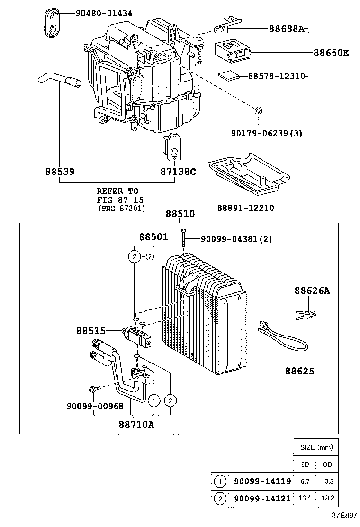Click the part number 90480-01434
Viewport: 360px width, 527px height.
[104, 13]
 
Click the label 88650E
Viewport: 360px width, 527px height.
[331, 52]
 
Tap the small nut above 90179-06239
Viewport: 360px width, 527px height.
[259, 111]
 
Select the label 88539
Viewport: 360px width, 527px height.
[60, 171]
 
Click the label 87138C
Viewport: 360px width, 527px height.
[178, 171]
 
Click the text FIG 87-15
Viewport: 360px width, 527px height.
[118, 200]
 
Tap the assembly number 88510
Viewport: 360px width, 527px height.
[180, 214]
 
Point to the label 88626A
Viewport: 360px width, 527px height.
[311, 291]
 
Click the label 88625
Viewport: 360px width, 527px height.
[299, 371]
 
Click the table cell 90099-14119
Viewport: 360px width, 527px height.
[261, 482]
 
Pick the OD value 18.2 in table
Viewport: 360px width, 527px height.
[327, 498]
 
